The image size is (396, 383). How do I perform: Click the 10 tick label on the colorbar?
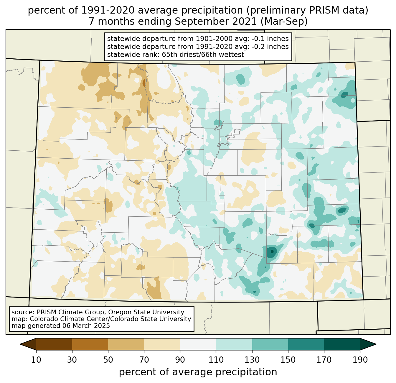(36, 360)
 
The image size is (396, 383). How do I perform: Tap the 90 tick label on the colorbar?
(180, 360)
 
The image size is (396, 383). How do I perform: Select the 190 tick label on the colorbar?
(360, 360)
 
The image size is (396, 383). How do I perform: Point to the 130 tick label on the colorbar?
(252, 360)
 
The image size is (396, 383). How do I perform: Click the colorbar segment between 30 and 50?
(90, 344)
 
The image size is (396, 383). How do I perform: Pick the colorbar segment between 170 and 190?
(342, 344)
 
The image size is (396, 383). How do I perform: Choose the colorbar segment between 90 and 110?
(198, 344)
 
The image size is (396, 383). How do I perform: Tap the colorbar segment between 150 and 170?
(306, 344)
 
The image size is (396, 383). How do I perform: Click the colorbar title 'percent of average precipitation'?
(198, 372)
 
